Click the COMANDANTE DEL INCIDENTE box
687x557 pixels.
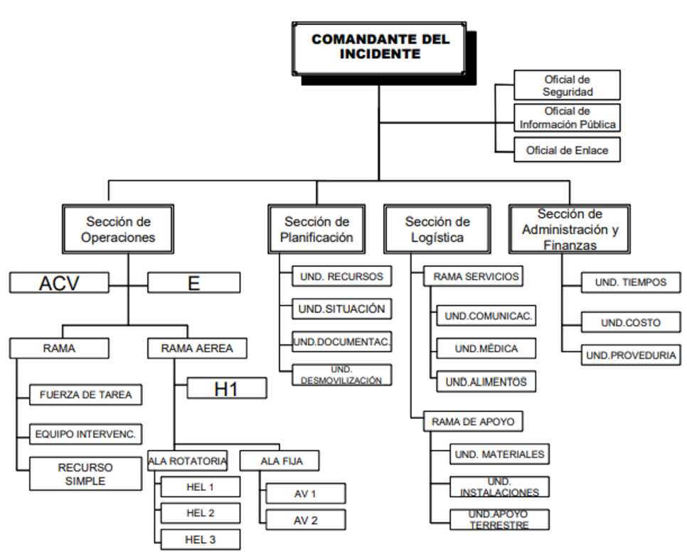pos(380,47)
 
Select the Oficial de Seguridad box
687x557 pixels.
pos(567,85)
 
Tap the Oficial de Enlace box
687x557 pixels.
pos(567,150)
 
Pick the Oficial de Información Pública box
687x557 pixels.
pos(567,117)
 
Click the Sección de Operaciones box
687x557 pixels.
pos(118,229)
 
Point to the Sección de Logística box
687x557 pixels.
pos(437,229)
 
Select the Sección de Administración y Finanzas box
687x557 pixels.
pos(569,229)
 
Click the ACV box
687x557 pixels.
pos(59,283)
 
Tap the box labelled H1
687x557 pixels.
pos(226,388)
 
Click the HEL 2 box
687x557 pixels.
pos(200,512)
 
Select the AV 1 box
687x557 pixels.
pos(305,493)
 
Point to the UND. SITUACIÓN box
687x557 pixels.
pos(341,309)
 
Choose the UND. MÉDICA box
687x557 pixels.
pos(486,349)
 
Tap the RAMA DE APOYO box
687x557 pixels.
pos(473,421)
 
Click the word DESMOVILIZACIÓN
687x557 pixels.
pos(341,381)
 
